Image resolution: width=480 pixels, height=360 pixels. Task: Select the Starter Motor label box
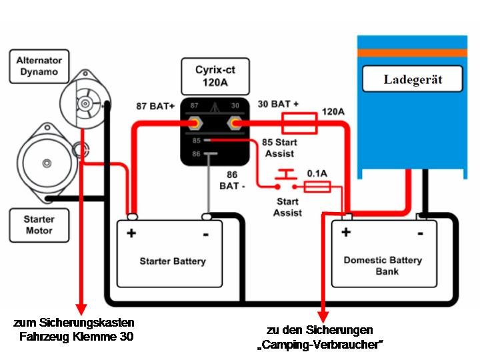[39, 225]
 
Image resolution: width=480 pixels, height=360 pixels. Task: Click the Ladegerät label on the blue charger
[413, 80]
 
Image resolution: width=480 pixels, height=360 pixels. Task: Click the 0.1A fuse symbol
[317, 188]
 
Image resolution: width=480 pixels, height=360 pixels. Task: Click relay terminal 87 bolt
[196, 124]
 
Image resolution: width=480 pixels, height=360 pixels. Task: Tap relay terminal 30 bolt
[235, 124]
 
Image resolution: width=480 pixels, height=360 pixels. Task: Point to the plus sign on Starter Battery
[131, 233]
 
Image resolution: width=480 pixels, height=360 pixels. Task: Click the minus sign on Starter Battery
[205, 233]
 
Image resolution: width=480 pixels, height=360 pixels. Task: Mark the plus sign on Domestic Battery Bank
[345, 232]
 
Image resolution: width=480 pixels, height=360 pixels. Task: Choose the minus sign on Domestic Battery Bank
[420, 233]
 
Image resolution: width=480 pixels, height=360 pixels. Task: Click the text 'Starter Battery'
[173, 261]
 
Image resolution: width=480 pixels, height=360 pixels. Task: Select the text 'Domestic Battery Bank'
[383, 265]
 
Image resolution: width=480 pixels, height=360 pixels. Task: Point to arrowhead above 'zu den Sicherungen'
[323, 315]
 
